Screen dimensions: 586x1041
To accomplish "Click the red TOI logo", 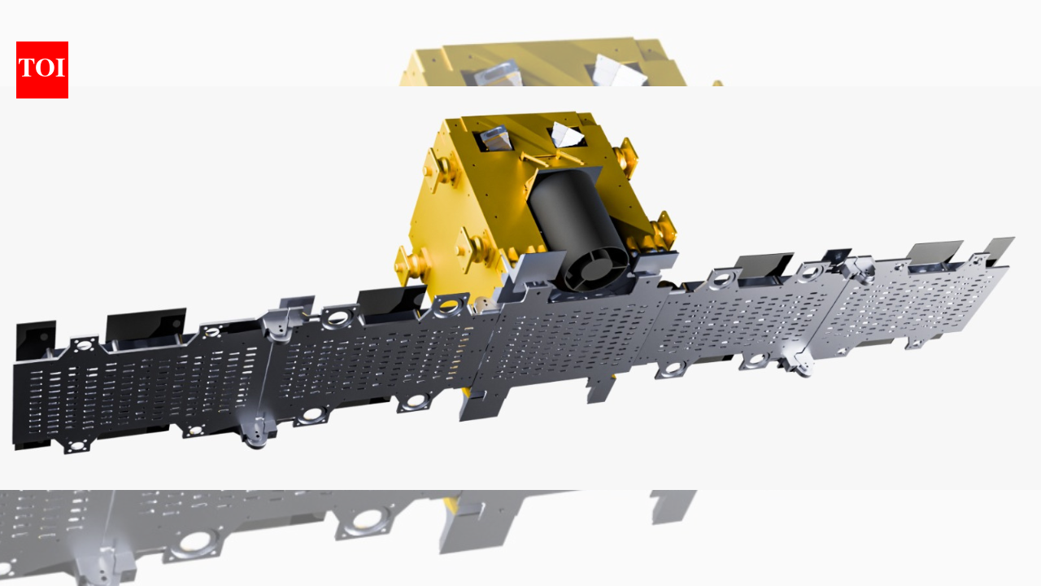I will coord(42,70).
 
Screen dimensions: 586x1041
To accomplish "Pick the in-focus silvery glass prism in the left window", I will coord(494,141).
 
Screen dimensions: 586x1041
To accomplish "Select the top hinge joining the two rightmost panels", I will coord(856,265).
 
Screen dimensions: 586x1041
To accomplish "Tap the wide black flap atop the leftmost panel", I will coord(146,324).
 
